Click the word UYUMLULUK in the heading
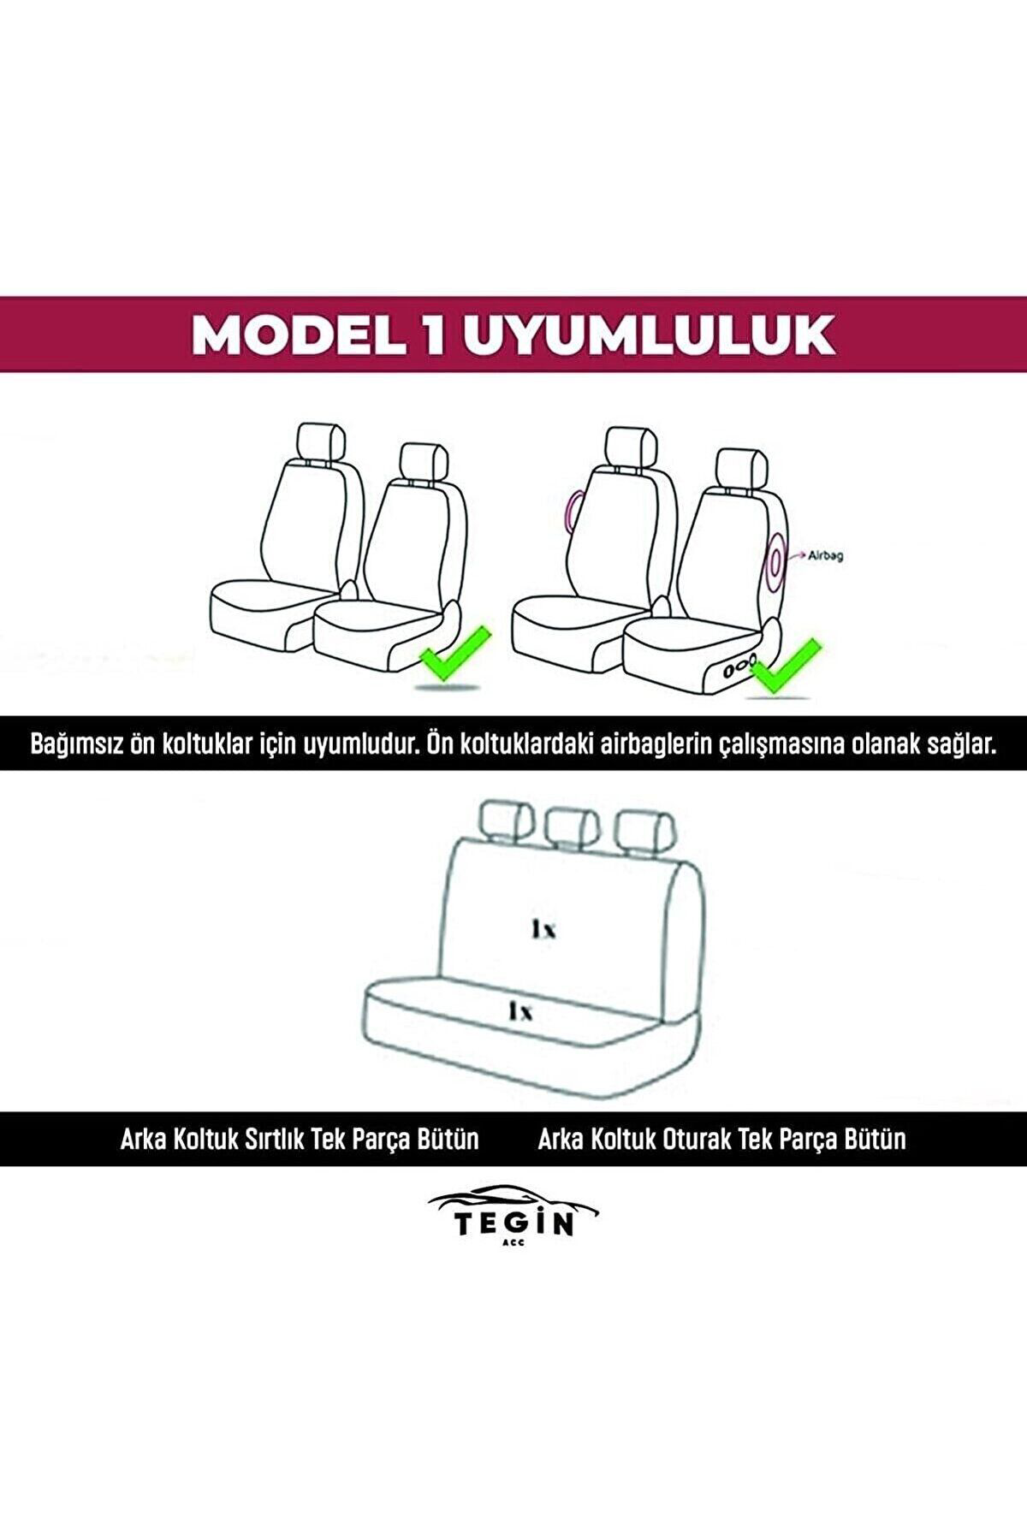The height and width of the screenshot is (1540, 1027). (x=648, y=335)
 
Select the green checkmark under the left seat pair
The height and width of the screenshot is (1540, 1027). (x=454, y=653)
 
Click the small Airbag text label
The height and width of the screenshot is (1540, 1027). (x=826, y=556)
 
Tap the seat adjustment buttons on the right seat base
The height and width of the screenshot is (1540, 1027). (x=737, y=666)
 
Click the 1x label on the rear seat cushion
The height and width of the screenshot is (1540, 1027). (x=519, y=1012)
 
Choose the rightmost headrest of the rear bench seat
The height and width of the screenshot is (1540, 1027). (x=644, y=828)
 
